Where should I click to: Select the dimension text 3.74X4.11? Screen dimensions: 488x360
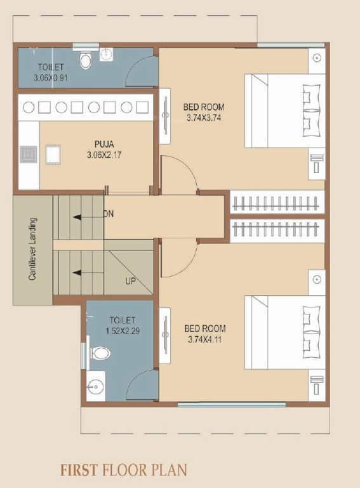click(205, 339)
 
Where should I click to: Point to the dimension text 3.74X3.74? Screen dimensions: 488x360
click(204, 118)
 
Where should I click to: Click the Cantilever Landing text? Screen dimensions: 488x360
click(32, 249)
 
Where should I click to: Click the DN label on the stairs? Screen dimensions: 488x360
click(109, 215)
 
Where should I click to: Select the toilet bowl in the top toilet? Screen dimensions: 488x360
click(86, 60)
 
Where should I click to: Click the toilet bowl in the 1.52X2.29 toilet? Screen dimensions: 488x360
click(100, 353)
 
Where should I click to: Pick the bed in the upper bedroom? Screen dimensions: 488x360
click(284, 112)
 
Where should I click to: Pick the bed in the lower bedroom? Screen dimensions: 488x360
click(284, 332)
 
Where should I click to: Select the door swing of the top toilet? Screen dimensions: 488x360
click(141, 71)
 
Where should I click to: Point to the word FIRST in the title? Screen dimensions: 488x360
click(78, 470)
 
